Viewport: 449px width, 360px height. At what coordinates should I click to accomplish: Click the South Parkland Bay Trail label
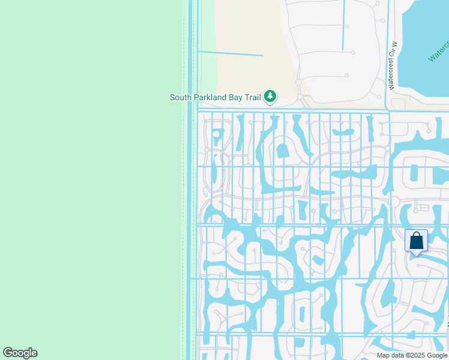[x=215, y=97]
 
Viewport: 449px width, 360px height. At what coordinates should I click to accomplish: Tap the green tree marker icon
[x=270, y=96]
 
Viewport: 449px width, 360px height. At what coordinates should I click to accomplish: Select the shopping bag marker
[x=416, y=241]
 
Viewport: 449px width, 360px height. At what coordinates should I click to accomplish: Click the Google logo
[x=20, y=353]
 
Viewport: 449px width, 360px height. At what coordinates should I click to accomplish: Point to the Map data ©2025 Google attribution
[x=412, y=355]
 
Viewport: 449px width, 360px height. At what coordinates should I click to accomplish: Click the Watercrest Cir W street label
[x=394, y=65]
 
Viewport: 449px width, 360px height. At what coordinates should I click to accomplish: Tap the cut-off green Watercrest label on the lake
[x=439, y=52]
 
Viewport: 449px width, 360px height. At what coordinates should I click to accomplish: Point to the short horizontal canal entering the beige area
[x=231, y=53]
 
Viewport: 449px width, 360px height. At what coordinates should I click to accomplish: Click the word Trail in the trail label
[x=252, y=97]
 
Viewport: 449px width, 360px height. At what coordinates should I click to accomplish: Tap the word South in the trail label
[x=181, y=97]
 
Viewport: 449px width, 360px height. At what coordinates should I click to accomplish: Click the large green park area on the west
[x=90, y=180]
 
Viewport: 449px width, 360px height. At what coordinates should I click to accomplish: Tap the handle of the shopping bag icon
[x=416, y=236]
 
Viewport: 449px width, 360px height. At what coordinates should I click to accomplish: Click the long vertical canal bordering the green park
[x=191, y=180]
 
